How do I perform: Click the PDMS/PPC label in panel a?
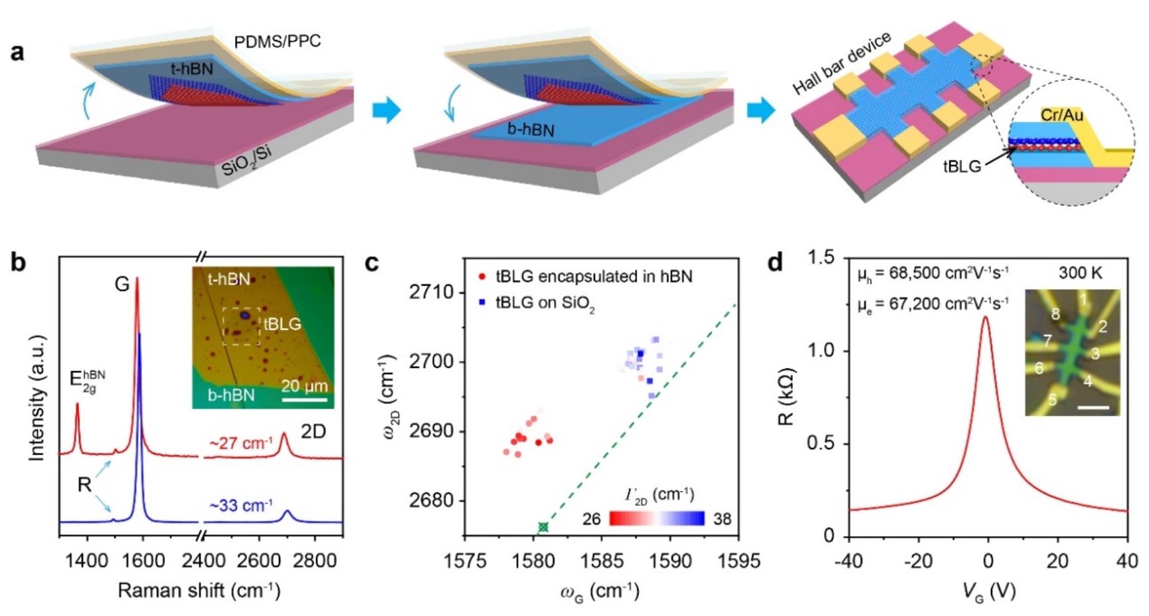[277, 42]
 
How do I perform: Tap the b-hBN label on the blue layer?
[530, 129]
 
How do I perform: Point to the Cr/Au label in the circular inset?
[1062, 115]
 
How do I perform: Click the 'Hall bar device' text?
[841, 63]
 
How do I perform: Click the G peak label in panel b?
[122, 284]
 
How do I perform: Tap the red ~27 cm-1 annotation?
[240, 443]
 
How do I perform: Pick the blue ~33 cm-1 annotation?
[240, 506]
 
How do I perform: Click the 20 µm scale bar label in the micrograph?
[304, 386]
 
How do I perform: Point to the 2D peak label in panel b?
[313, 432]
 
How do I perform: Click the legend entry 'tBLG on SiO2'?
[545, 303]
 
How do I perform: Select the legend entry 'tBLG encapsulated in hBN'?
[594, 276]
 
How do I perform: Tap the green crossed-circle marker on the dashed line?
[543, 527]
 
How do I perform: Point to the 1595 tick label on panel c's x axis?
[739, 562]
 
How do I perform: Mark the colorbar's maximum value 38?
[723, 519]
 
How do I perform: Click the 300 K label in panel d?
[1079, 273]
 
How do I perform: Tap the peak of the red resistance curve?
[985, 317]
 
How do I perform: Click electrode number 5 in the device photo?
[1052, 400]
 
